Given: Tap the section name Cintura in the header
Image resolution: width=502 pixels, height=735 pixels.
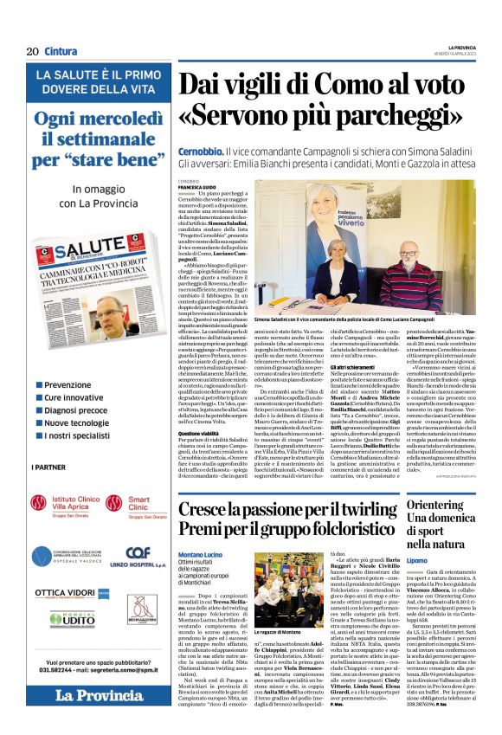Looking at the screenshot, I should pyautogui.click(x=61, y=51).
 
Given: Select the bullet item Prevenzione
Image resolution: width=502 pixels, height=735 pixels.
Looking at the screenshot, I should pyautogui.click(x=74, y=384).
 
